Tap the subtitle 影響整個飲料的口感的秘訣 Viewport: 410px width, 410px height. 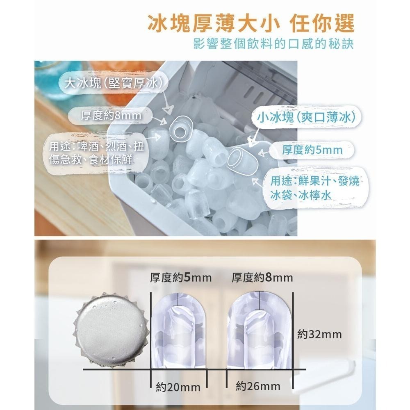pyautogui.click(x=273, y=44)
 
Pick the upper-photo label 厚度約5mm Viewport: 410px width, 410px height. pyautogui.click(x=312, y=150)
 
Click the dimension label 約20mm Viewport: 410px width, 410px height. pyautogui.click(x=178, y=387)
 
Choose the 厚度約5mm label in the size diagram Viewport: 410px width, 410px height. pyautogui.click(x=180, y=279)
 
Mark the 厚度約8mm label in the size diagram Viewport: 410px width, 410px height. pyautogui.click(x=262, y=279)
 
